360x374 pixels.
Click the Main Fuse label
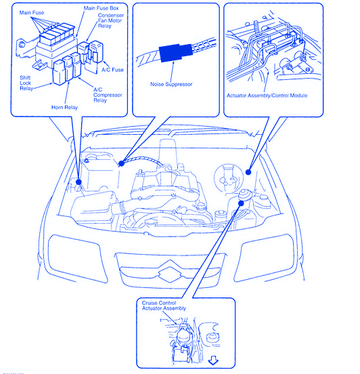point(32,13)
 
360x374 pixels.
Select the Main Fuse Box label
point(101,8)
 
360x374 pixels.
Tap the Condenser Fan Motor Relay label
point(111,20)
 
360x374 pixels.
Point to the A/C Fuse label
point(112,70)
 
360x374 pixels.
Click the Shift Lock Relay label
point(26,83)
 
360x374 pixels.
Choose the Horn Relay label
point(64,107)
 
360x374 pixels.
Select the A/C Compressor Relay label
point(108,95)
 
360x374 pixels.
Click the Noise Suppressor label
point(171,84)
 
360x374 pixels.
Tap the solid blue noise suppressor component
point(175,53)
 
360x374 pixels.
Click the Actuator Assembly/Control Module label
point(267,96)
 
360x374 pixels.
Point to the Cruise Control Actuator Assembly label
point(164,306)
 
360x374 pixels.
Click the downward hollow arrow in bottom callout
point(213,360)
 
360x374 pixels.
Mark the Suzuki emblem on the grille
point(170,271)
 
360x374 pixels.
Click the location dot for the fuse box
point(78,182)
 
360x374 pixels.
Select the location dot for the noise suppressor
point(121,163)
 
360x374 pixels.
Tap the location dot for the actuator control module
point(248,172)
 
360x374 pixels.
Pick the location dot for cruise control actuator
point(241,203)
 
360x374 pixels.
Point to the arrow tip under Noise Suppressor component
point(174,62)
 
